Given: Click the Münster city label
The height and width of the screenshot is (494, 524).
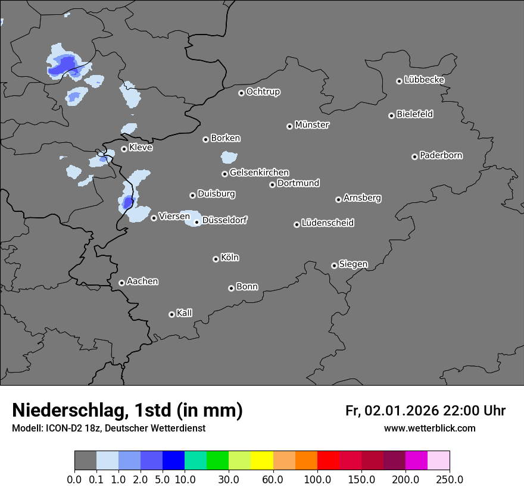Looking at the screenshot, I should click(311, 125).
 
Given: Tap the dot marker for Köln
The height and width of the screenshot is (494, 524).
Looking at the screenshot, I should click(216, 259).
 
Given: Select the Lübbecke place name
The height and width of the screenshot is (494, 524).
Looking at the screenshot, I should click(424, 80).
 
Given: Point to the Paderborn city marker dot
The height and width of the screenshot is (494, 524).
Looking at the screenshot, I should click(414, 157).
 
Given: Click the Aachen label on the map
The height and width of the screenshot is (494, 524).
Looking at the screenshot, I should click(142, 282).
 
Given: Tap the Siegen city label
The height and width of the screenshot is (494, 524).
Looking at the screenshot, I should click(353, 264).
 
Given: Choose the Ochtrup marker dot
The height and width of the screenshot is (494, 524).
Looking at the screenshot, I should click(241, 93).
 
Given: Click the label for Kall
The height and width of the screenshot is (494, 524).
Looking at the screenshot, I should click(184, 313).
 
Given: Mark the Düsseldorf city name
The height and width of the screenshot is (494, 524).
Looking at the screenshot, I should click(224, 220).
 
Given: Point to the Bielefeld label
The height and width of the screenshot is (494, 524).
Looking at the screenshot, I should click(414, 114).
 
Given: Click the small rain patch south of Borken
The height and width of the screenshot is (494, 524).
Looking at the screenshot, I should click(229, 157).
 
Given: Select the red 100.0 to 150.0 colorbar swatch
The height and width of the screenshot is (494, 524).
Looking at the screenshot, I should click(328, 461).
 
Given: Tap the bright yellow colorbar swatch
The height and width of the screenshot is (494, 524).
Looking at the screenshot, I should click(262, 461).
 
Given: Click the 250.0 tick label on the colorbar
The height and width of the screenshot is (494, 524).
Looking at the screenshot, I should click(450, 480).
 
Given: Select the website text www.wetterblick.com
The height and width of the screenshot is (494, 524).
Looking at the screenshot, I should click(429, 429).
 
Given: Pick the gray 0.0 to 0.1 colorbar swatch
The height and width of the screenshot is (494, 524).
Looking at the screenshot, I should click(85, 461).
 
